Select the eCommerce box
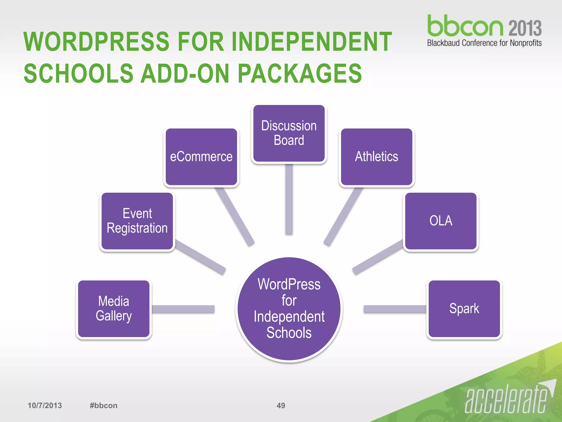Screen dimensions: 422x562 (x=201, y=157)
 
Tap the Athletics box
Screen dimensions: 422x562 (x=376, y=157)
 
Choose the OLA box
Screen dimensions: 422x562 (x=441, y=221)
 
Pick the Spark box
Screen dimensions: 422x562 (x=464, y=309)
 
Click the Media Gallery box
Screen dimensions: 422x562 (x=114, y=309)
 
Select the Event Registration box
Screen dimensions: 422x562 (x=137, y=221)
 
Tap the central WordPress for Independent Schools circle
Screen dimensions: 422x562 (x=289, y=309)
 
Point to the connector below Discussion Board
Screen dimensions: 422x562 (x=289, y=199)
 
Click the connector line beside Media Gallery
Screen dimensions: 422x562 (x=183, y=309)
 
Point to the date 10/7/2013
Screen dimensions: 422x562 (x=45, y=406)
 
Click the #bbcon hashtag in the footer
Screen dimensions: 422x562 (x=103, y=406)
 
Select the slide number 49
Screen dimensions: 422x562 (x=281, y=406)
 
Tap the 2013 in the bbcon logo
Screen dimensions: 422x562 (x=525, y=28)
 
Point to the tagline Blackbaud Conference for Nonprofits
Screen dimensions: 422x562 (x=484, y=43)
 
